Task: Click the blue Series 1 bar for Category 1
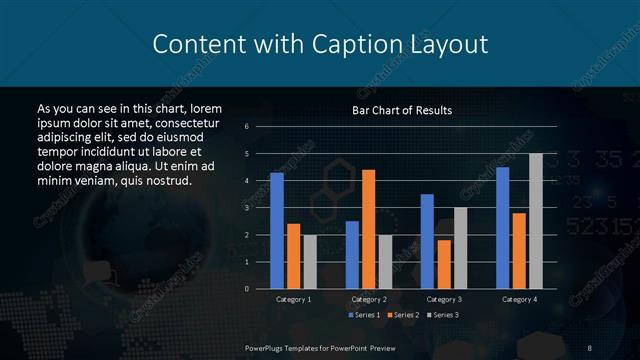[277, 231]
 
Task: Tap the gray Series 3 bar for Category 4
[535, 221]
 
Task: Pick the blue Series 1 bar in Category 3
[427, 241]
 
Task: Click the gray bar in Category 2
[385, 262]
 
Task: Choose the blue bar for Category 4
[502, 228]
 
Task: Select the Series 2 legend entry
[403, 315]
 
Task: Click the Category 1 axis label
[293, 299]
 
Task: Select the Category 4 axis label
[518, 299]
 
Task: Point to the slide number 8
[590, 347]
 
